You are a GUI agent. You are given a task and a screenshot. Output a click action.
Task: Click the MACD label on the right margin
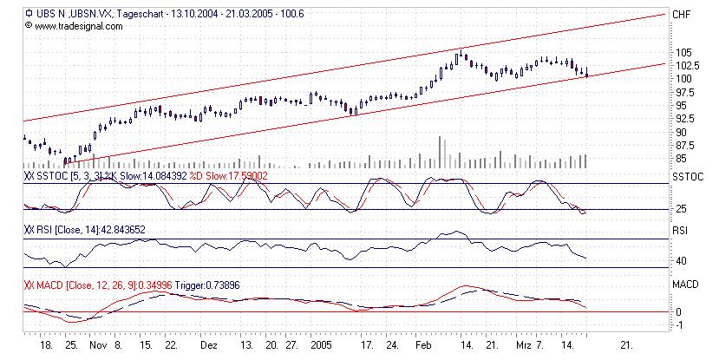pyautogui.click(x=684, y=284)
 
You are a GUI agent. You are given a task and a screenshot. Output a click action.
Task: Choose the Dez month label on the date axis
pyautogui.click(x=209, y=344)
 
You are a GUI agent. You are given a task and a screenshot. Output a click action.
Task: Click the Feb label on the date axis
pyautogui.click(x=424, y=344)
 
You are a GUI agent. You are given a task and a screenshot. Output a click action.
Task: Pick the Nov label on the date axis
pyautogui.click(x=97, y=344)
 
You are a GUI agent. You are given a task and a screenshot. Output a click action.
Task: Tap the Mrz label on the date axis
pyautogui.click(x=521, y=344)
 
